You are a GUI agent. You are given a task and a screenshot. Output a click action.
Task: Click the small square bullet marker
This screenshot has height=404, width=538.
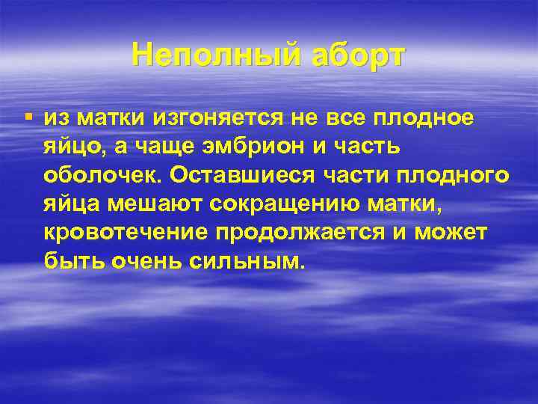(28, 116)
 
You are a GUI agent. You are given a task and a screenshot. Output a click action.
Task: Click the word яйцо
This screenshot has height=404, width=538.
(72, 146)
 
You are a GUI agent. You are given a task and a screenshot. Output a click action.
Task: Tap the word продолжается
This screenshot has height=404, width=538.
(301, 232)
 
